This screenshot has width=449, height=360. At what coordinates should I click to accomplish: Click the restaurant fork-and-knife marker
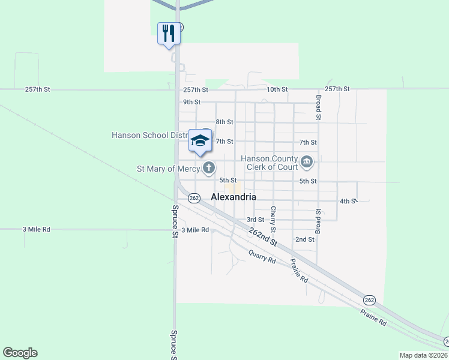[168, 33]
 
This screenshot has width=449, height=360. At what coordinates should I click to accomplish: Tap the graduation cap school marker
[199, 142]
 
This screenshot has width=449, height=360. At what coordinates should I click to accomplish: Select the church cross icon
[208, 168]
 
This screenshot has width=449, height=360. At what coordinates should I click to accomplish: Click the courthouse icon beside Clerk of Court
[307, 161]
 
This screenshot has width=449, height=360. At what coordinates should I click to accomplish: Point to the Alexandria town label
[234, 197]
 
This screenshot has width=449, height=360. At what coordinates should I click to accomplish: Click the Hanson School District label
[150, 135]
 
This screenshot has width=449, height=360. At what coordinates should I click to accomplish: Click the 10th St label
[277, 89]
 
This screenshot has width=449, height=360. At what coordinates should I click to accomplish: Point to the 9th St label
[191, 102]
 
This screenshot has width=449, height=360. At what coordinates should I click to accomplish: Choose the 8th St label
[224, 122]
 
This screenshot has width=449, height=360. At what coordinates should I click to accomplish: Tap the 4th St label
[348, 201]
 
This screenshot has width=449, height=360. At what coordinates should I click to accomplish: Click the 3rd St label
[255, 220]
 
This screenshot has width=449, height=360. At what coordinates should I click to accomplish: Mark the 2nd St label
[305, 239]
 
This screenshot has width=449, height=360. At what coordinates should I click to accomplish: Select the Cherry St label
[273, 220]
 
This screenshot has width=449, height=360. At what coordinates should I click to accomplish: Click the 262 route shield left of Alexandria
[193, 197]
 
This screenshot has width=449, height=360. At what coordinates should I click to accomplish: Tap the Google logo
[20, 353]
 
